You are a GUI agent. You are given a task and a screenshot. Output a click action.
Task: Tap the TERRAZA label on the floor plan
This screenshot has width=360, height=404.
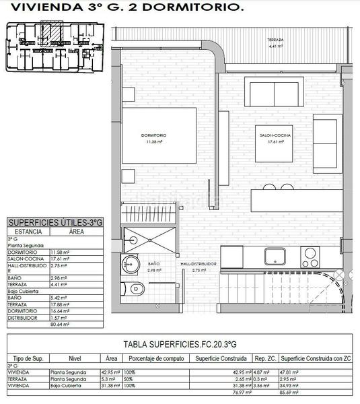point(274,40)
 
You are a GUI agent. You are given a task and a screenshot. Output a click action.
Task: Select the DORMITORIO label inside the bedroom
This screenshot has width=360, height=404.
point(155,135)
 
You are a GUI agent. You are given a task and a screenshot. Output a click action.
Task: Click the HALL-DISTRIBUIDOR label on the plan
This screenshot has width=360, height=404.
point(198,264)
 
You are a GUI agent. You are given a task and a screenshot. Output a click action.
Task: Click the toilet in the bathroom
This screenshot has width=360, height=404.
point(136,289)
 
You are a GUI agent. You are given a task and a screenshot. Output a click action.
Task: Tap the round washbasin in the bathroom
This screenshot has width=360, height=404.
point(129,265)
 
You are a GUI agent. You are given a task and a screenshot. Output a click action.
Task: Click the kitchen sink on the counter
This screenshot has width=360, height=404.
point(275,257)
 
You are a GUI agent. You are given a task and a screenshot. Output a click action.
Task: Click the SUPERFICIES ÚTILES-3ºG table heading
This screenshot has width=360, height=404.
point(55,222)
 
